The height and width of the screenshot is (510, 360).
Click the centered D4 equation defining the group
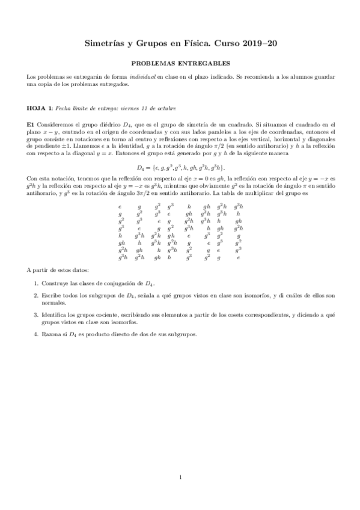tap(180, 167)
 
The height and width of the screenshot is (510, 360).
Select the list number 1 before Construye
tap(35, 282)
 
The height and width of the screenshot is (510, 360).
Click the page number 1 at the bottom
tap(180, 478)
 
